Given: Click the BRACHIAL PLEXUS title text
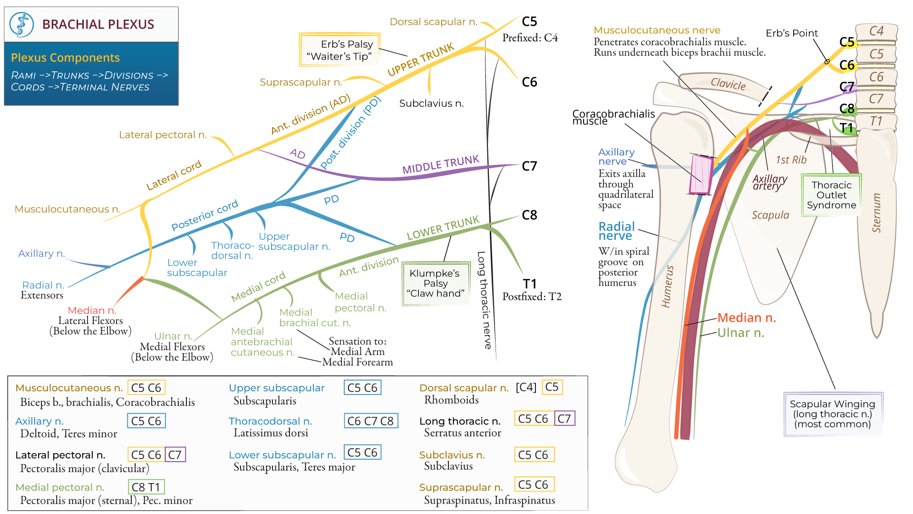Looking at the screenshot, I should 98,24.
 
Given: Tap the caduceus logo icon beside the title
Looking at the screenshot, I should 21,25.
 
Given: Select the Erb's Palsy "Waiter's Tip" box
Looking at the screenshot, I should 340,50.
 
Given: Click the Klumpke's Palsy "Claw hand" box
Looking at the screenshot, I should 435,283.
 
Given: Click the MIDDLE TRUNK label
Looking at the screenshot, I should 440,165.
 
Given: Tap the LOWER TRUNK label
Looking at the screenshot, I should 443,228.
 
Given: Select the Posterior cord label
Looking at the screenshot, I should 204,215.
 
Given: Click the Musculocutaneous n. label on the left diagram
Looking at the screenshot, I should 68,209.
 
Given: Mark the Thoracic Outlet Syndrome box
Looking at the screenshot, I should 831,195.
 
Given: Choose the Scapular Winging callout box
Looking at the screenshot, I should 833,414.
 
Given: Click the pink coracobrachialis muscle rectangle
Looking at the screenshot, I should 700,175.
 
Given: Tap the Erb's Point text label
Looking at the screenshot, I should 791,33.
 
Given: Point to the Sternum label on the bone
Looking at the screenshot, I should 876,213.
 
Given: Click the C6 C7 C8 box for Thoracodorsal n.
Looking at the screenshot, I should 370,421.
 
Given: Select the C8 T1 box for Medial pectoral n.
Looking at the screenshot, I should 146,487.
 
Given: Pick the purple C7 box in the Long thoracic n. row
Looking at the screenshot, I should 564,419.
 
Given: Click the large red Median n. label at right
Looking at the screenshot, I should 746,317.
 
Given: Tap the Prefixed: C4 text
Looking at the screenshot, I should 530,38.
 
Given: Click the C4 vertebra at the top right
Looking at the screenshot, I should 876,31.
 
